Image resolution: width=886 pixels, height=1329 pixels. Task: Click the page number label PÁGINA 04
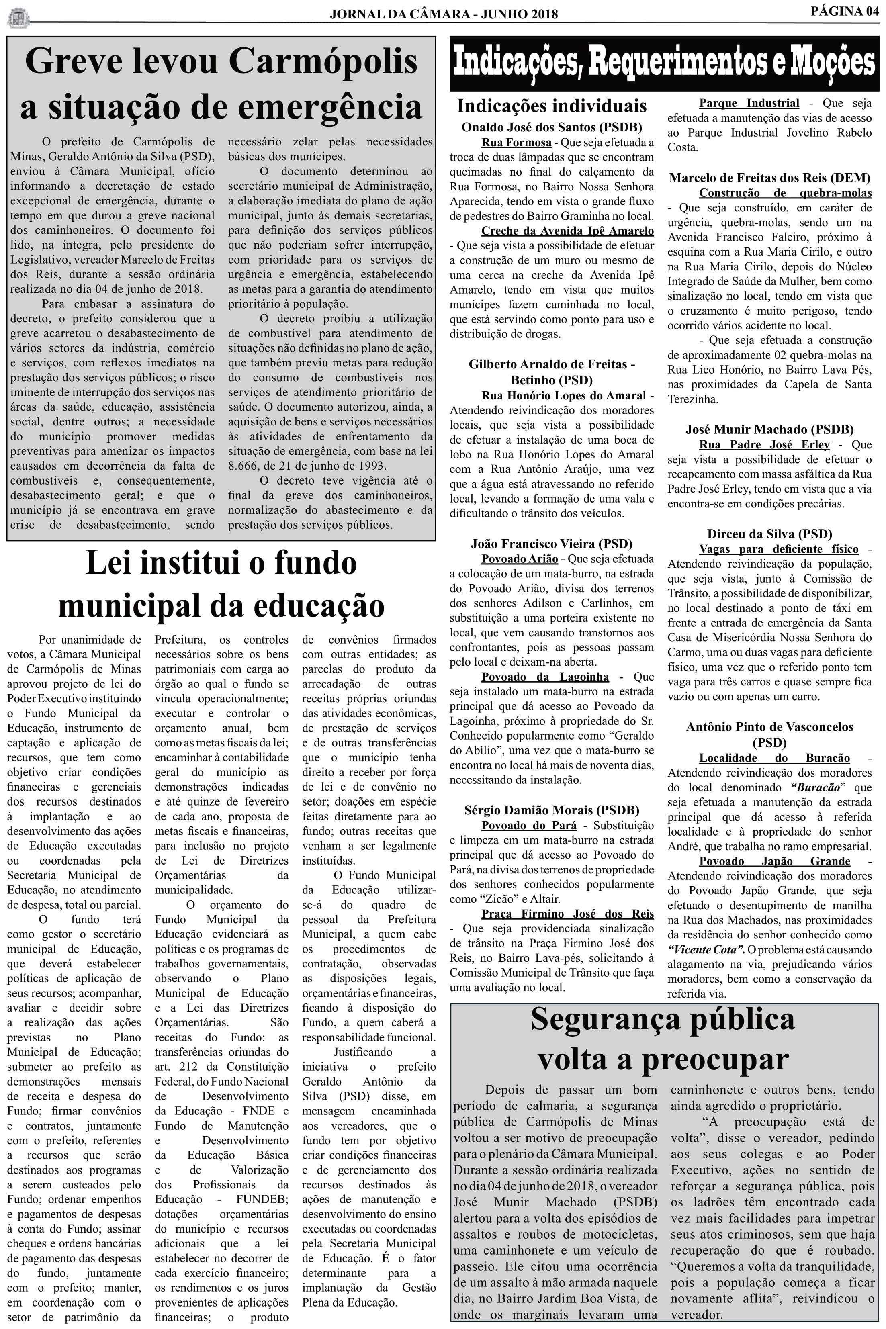tap(845, 11)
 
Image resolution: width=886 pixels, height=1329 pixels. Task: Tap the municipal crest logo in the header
tap(18, 17)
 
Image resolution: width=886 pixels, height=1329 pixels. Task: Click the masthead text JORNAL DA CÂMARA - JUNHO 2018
tap(444, 14)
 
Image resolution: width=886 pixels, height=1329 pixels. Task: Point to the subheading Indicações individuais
tap(551, 106)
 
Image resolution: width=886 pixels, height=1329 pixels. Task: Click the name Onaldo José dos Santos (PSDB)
tap(551, 127)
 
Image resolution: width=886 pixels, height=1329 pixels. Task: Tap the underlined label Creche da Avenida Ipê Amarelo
tap(567, 231)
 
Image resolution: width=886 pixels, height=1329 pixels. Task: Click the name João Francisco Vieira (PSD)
tap(551, 544)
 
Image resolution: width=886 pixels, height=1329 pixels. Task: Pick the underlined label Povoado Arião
tap(519, 559)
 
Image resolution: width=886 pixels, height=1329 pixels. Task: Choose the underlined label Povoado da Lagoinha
tap(545, 677)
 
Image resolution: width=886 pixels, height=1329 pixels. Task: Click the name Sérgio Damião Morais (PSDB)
tap(551, 810)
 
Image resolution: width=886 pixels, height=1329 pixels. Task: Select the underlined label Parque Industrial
tap(749, 103)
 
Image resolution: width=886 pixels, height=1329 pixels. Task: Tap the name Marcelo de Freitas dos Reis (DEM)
tap(769, 178)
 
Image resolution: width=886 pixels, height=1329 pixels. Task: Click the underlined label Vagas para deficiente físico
tap(779, 549)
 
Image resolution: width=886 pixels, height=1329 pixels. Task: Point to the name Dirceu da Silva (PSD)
tap(769, 534)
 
